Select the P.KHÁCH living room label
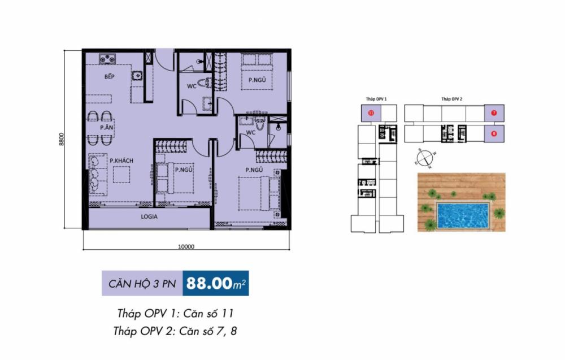click(121, 161)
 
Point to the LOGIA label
click(149, 216)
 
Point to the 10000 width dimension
click(186, 246)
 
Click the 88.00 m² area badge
click(216, 283)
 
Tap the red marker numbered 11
click(371, 112)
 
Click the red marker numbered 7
click(493, 112)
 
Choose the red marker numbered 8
click(493, 134)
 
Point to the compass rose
click(424, 158)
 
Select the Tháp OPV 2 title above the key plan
click(452, 99)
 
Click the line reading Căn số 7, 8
click(175, 331)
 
